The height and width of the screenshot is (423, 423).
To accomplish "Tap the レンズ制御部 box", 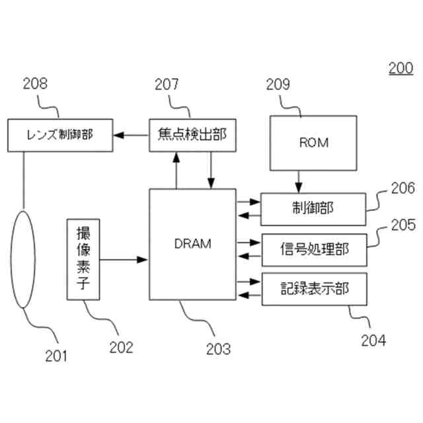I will pos(60,135).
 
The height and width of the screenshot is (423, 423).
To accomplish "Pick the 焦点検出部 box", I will pos(192,135).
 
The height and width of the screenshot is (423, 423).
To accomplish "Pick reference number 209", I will pos(278,84).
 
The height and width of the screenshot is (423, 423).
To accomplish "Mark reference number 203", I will pos(218,348).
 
